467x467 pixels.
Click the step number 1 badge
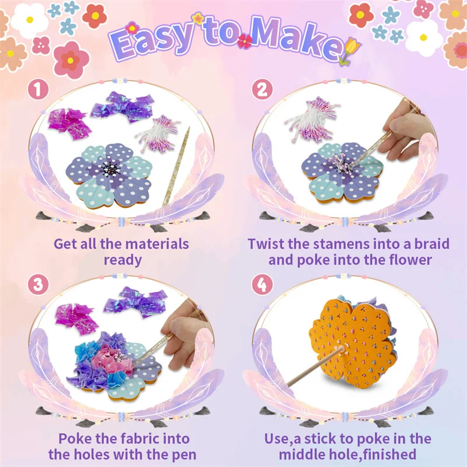[x=38, y=90]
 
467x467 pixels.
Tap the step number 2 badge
[x=262, y=90]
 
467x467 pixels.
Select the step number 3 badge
[x=38, y=284]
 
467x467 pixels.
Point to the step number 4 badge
[x=262, y=284]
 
